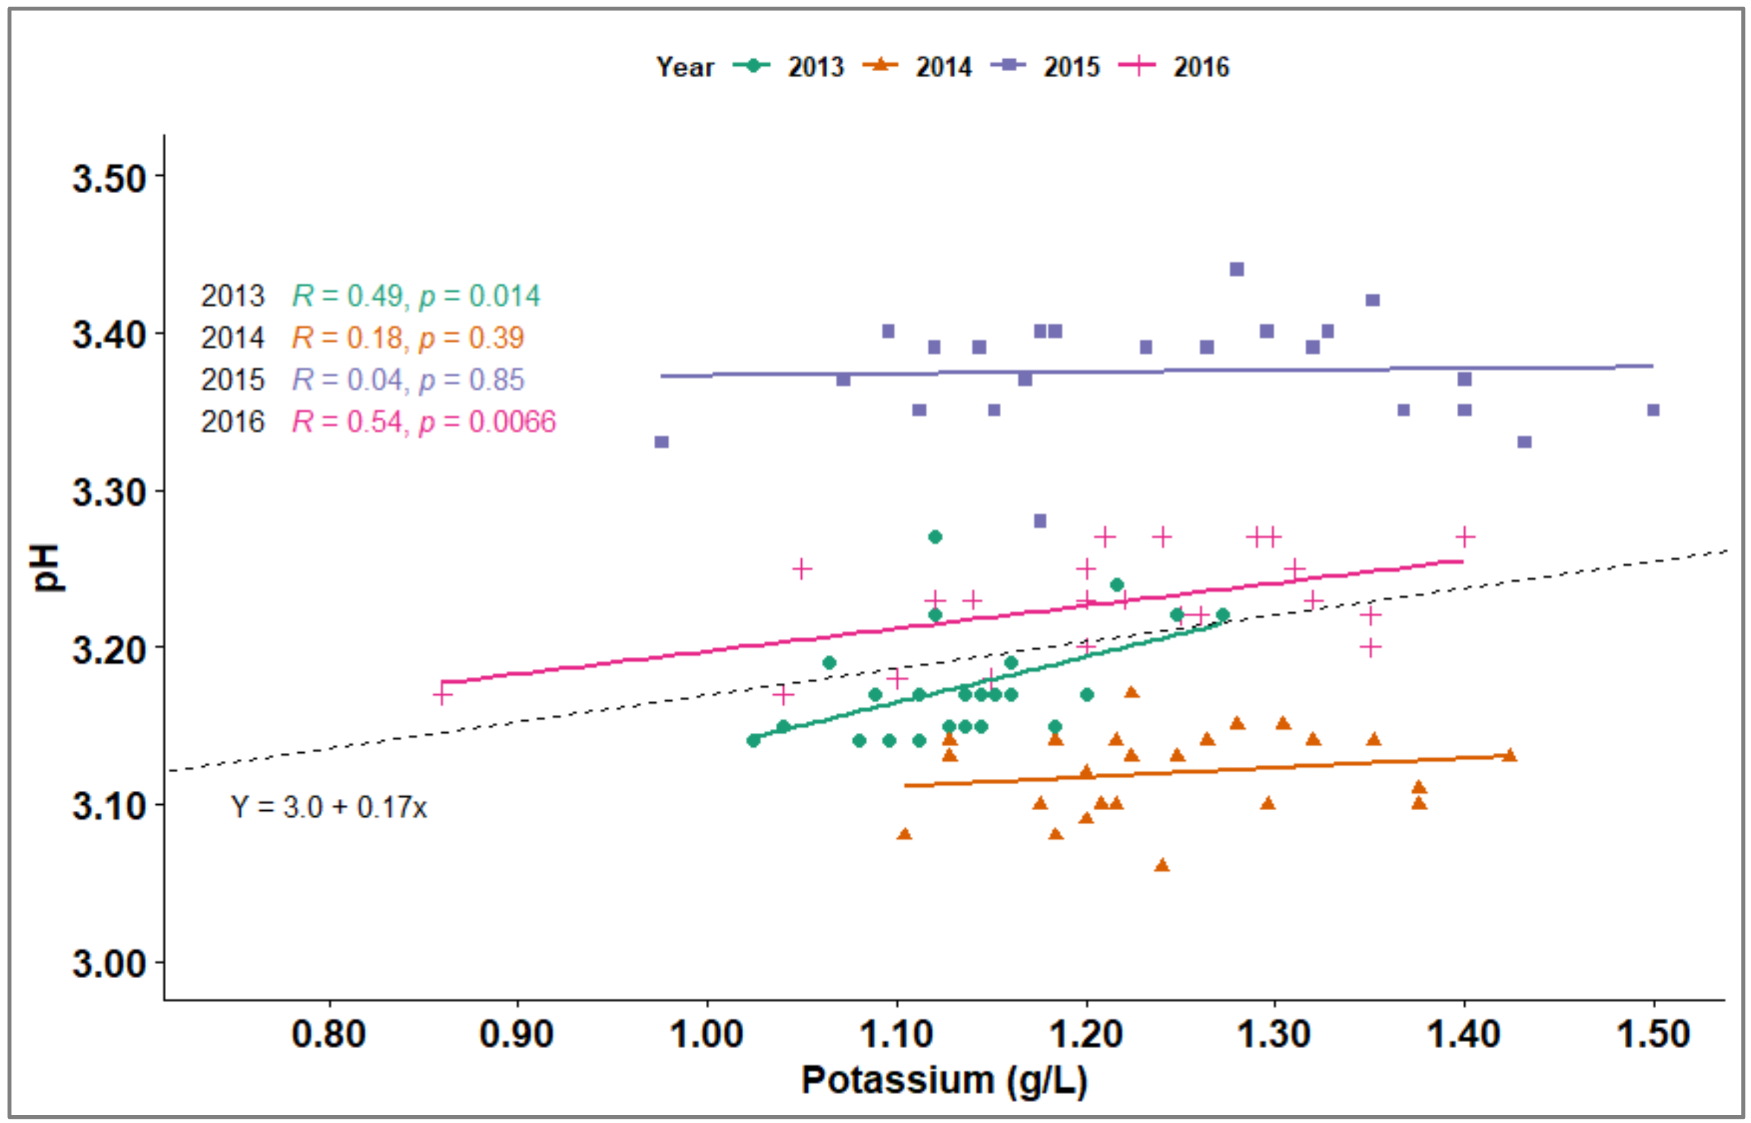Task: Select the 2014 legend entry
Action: click(917, 66)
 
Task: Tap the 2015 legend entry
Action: click(1045, 66)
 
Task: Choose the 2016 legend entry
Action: click(1173, 66)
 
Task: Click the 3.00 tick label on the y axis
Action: click(109, 963)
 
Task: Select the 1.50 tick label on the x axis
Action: click(1653, 1034)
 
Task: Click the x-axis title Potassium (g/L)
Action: click(944, 1080)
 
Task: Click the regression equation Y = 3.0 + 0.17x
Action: click(329, 807)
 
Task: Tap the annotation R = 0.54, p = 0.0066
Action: click(424, 422)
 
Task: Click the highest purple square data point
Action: click(1237, 269)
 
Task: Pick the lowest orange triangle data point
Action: click(1162, 865)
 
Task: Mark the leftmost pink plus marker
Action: click(442, 694)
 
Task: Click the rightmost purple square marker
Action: click(1653, 410)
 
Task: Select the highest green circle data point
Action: click(935, 537)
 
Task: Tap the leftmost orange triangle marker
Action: click(904, 834)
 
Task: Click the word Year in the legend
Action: click(685, 66)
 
